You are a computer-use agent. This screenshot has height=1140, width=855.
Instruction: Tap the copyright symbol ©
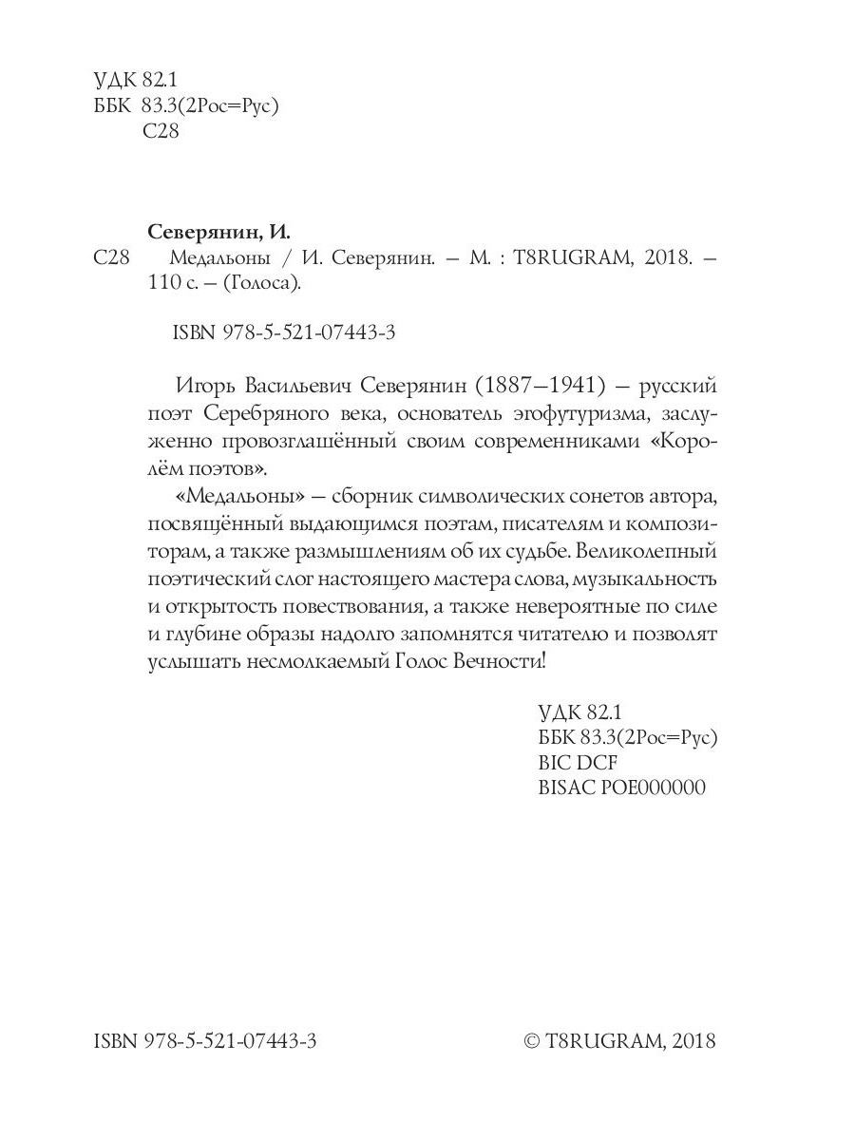point(532,1042)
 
